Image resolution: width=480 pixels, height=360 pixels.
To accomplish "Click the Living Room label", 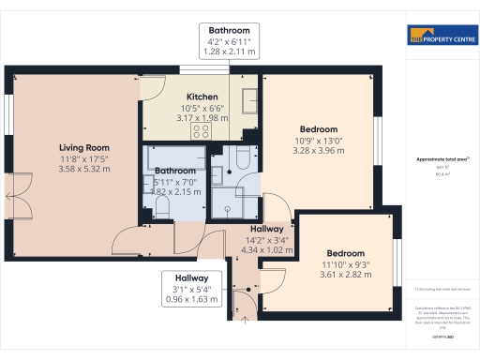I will point(84,147).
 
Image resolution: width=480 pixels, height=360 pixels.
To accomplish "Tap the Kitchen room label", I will point(202,97).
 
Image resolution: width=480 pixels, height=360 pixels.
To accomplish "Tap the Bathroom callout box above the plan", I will point(229,41).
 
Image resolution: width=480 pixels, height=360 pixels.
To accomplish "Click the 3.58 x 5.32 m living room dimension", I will point(84,170).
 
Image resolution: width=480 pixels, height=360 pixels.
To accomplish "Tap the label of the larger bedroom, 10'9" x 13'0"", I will point(318,128).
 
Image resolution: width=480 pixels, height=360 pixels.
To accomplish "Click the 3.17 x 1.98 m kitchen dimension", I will point(202,118).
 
